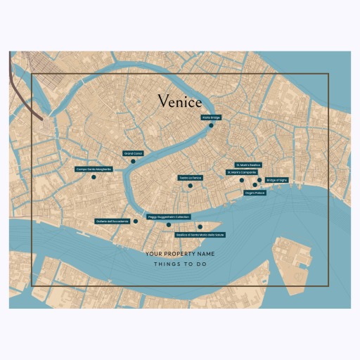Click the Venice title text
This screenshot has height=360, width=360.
[x=179, y=102]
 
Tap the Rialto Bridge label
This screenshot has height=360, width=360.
[x=211, y=117]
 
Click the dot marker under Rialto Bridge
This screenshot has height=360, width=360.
[x=211, y=125]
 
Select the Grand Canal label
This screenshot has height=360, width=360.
[x=133, y=153]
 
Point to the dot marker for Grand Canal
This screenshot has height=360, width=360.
[x=133, y=161]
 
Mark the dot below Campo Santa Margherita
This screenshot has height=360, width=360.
[x=94, y=177]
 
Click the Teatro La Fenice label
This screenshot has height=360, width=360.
[x=190, y=177]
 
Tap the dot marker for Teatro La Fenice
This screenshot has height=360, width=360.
[x=190, y=186]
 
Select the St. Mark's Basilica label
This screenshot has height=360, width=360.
[x=247, y=165]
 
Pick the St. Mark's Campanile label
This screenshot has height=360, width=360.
[x=241, y=172]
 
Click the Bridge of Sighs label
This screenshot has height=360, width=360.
[x=277, y=180]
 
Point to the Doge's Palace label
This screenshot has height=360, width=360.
[x=254, y=192]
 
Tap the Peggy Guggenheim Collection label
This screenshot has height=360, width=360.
[x=169, y=217]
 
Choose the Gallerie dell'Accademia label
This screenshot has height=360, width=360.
[x=112, y=221]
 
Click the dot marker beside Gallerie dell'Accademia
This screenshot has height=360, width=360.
[x=136, y=221]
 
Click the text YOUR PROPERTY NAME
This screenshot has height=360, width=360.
[x=179, y=253]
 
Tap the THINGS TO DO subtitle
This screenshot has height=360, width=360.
[x=179, y=264]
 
